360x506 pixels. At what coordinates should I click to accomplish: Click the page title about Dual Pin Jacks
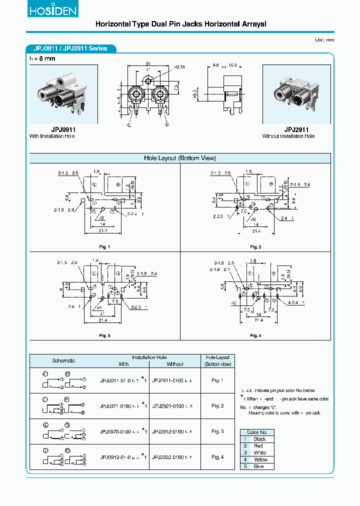click(x=180, y=24)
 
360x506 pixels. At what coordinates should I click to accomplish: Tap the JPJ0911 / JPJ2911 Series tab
click(x=70, y=48)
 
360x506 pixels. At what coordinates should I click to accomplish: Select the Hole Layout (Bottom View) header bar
click(x=180, y=158)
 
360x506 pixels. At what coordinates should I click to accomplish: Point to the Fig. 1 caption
click(x=104, y=247)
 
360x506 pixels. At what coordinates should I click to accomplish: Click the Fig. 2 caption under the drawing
click(x=255, y=247)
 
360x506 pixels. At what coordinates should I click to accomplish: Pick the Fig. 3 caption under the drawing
click(x=104, y=335)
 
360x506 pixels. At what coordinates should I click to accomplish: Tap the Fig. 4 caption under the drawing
click(x=255, y=335)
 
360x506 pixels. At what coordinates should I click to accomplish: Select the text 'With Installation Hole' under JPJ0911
click(x=52, y=136)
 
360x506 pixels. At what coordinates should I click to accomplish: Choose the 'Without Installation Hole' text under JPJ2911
click(x=288, y=136)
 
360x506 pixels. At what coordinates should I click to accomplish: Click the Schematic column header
click(x=63, y=360)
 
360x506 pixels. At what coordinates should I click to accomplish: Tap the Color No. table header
click(x=257, y=432)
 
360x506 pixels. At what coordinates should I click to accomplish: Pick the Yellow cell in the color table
click(x=260, y=459)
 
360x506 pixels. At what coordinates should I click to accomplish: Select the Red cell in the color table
click(x=258, y=445)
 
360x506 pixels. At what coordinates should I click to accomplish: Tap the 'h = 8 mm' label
click(x=42, y=58)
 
